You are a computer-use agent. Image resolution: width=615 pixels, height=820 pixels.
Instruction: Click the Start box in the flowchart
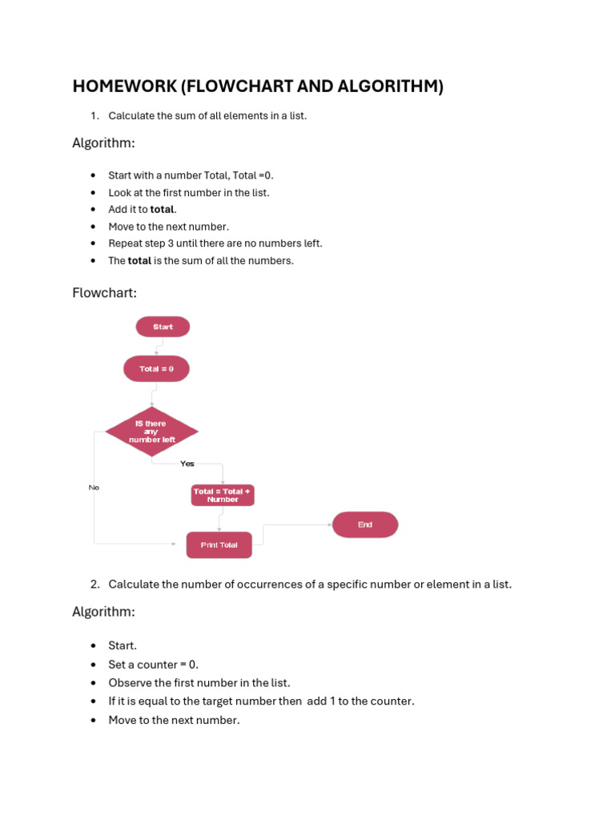[163, 327]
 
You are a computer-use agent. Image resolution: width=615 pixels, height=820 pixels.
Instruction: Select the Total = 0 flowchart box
[156, 369]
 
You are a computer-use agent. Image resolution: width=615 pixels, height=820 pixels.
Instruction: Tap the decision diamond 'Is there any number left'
[151, 432]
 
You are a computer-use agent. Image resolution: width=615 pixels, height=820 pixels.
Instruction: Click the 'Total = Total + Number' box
[223, 496]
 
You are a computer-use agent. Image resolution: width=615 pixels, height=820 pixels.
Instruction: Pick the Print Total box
[219, 545]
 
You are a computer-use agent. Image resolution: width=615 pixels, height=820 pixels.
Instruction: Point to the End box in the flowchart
[365, 525]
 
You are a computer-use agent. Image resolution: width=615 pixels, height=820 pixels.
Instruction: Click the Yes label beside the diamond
[187, 464]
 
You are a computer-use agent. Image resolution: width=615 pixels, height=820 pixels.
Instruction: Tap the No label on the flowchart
[94, 488]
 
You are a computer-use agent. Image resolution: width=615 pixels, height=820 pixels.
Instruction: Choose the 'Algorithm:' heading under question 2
[103, 612]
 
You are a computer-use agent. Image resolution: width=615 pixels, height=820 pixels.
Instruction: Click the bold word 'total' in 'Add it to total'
[163, 210]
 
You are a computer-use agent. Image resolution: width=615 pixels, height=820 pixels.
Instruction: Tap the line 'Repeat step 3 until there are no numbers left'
[215, 243]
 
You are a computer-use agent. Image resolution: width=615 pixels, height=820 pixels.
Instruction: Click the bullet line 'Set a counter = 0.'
[153, 664]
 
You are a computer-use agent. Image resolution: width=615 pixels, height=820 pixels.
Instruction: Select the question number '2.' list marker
[94, 585]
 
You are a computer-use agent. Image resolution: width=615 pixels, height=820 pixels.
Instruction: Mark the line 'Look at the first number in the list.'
[189, 193]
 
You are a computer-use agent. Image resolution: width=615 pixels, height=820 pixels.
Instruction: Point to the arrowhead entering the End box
[330, 525]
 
